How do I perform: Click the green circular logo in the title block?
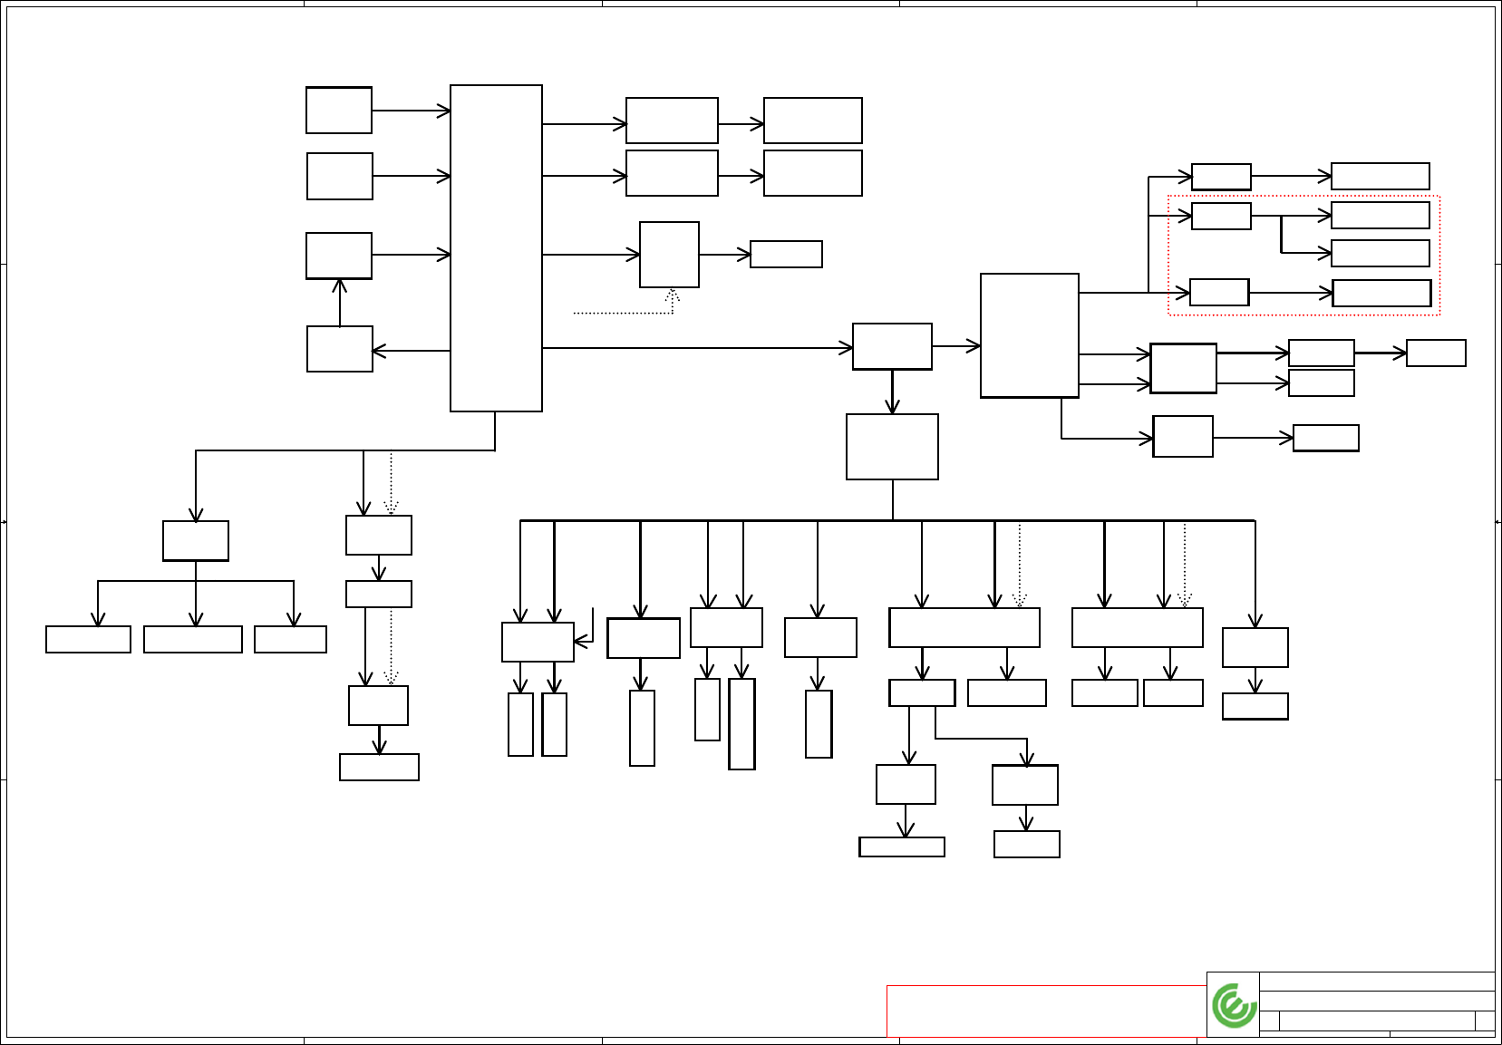click(1234, 1005)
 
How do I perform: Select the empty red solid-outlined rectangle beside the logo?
click(1046, 1011)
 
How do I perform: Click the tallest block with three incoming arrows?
click(496, 248)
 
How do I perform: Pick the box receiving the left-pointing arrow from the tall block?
click(340, 349)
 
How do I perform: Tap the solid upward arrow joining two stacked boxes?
click(340, 302)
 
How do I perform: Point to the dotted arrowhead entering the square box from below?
click(672, 295)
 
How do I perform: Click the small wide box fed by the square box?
click(786, 255)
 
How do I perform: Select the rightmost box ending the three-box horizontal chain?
click(1436, 353)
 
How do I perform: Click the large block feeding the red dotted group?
click(1030, 335)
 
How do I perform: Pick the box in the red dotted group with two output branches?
click(1221, 217)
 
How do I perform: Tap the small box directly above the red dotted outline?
click(1221, 177)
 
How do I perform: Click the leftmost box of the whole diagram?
click(88, 639)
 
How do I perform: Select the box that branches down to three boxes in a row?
click(196, 541)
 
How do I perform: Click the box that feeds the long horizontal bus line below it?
click(892, 447)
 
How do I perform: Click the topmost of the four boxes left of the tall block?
click(339, 111)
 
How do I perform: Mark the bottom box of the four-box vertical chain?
click(379, 767)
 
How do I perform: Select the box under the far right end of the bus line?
click(1255, 647)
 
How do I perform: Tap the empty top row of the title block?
click(1377, 982)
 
